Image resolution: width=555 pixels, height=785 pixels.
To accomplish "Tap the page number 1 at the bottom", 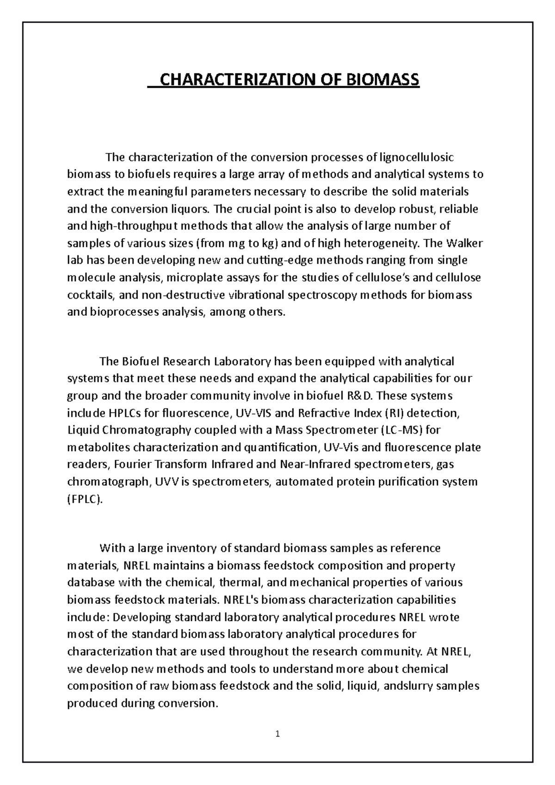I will pyautogui.click(x=277, y=734).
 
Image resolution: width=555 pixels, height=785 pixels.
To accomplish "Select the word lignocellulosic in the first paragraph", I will pyautogui.click(x=417, y=157).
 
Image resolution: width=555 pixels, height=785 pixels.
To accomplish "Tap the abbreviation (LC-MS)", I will pyautogui.click(x=401, y=430).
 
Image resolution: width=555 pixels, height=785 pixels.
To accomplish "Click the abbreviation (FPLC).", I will pyautogui.click(x=86, y=499).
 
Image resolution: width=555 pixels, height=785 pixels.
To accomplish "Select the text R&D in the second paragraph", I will pyautogui.click(x=363, y=396).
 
